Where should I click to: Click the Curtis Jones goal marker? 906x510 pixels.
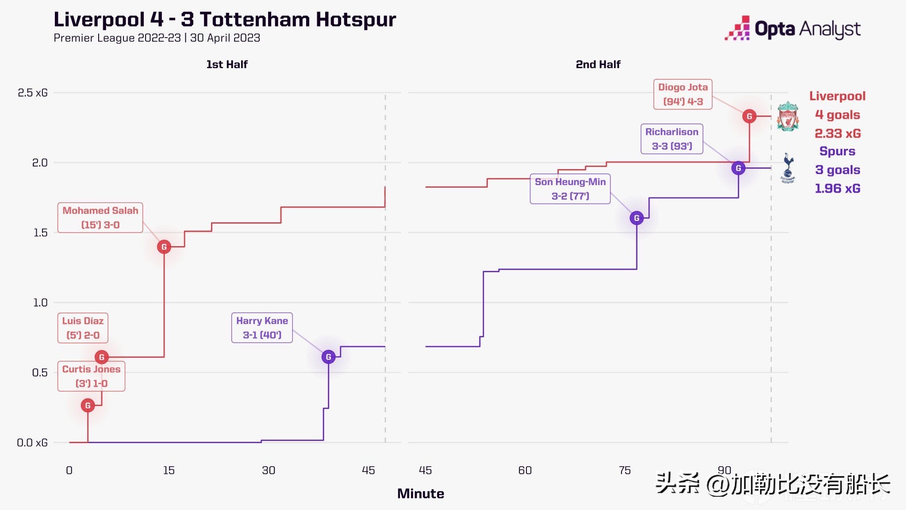click(88, 405)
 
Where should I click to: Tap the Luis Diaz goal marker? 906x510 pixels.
click(102, 357)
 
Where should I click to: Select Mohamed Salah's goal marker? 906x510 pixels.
click(164, 247)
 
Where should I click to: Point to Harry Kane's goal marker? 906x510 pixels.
click(328, 357)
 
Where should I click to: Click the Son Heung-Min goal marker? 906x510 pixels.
click(637, 218)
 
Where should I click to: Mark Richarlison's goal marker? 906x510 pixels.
click(738, 168)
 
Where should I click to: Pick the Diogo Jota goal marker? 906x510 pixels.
click(749, 116)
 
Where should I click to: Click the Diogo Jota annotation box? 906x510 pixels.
click(683, 94)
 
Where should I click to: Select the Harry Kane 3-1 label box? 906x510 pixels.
click(262, 328)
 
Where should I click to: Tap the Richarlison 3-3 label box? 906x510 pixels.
click(672, 139)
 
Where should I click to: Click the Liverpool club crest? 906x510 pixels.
click(787, 116)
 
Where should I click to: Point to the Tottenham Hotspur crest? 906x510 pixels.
click(788, 168)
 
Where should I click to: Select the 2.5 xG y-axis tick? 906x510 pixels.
click(32, 93)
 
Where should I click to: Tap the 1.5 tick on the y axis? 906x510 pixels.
click(40, 233)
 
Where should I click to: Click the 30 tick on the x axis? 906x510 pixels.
click(269, 470)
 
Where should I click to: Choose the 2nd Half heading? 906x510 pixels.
click(598, 65)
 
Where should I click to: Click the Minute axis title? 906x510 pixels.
click(420, 494)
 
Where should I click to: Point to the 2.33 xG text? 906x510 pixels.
click(837, 133)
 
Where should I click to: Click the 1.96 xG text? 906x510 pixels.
click(837, 189)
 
